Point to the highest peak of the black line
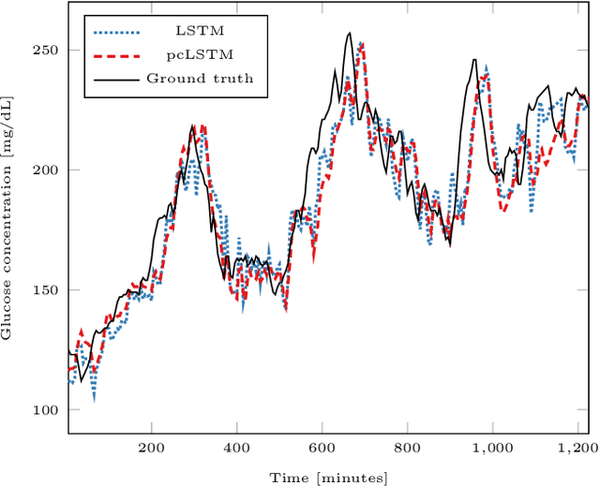(350, 33)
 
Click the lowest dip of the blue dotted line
(94, 400)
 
